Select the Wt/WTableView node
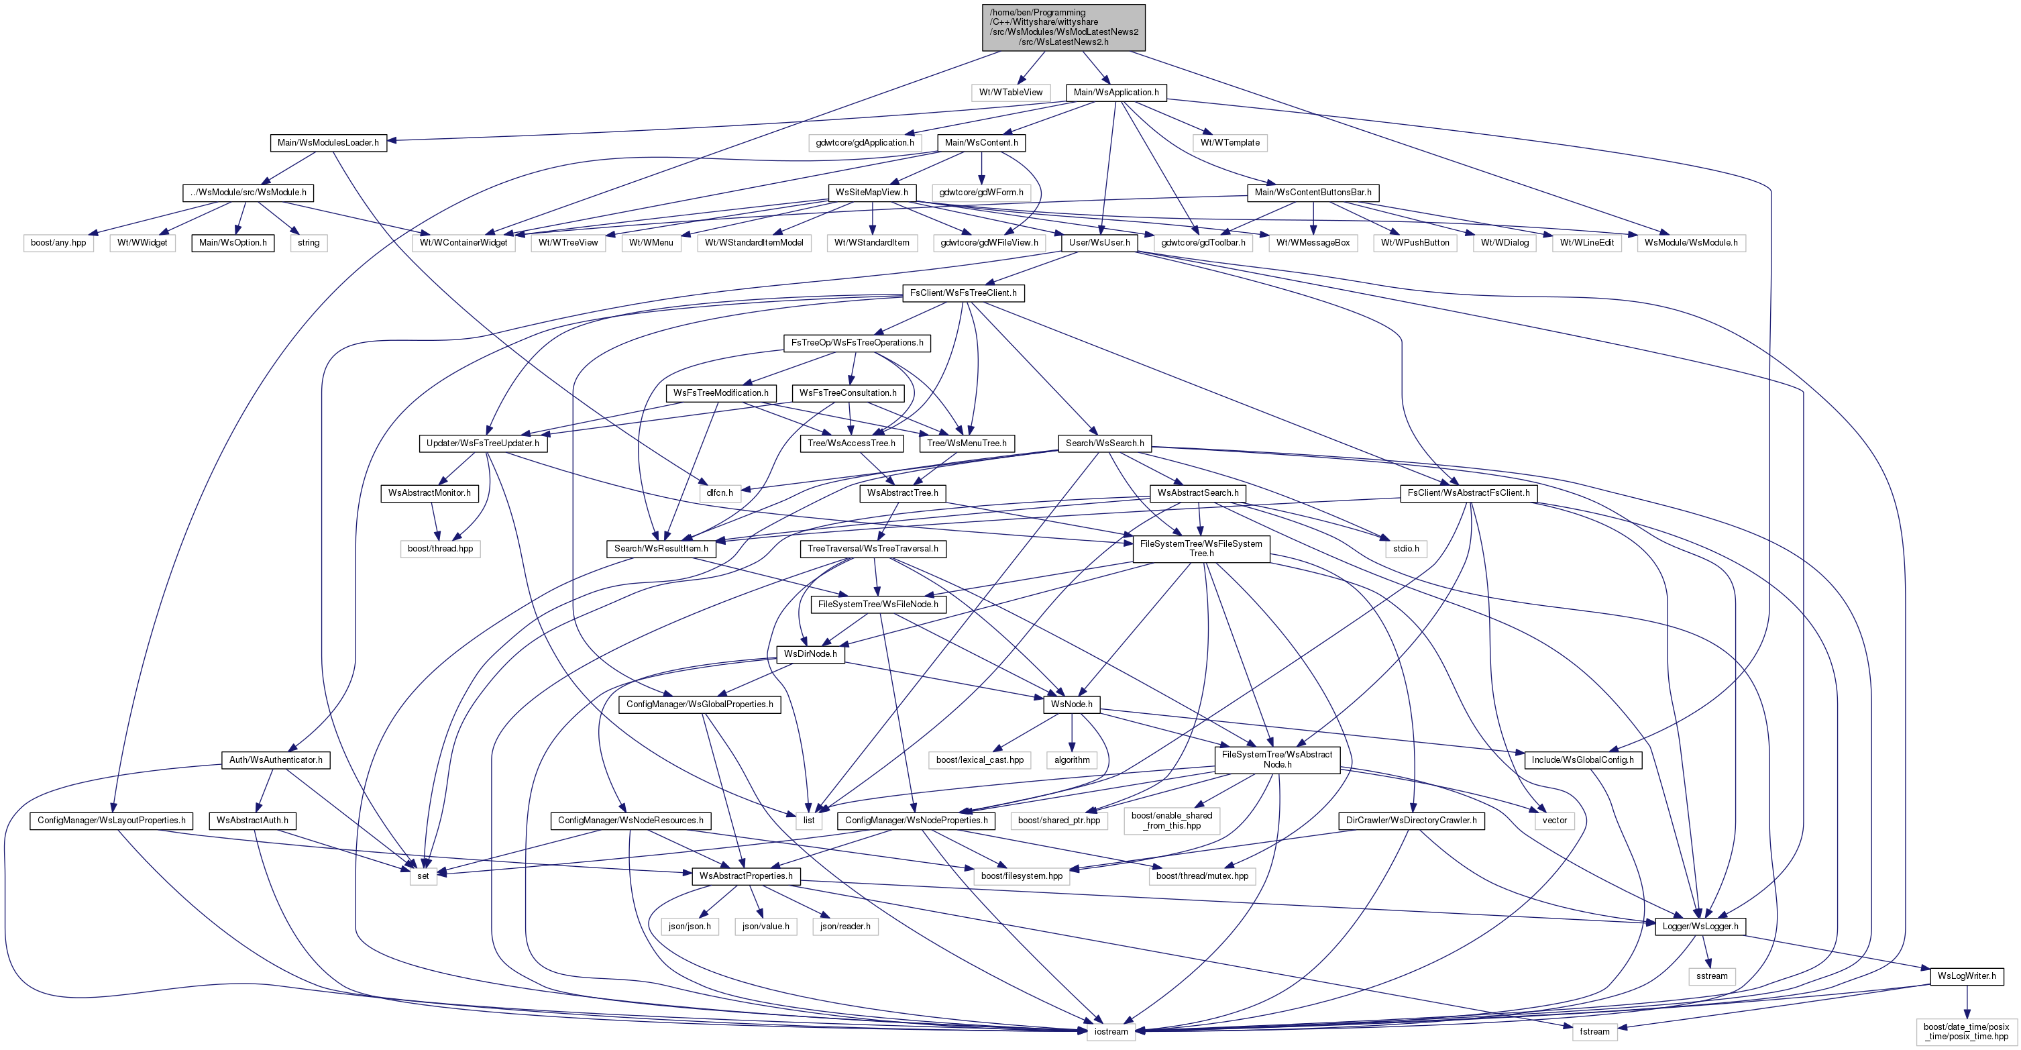tap(1010, 93)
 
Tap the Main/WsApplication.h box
tap(1115, 93)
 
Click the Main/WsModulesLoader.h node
tap(328, 143)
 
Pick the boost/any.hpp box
tap(58, 242)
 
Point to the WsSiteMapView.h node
tap(871, 193)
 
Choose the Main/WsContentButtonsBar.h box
tap(1313, 193)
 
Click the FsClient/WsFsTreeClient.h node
tap(963, 293)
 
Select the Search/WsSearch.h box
tap(1105, 443)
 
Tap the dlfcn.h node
tap(720, 493)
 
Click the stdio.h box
tap(1405, 549)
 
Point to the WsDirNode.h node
tap(810, 653)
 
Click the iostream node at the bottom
tap(1111, 1031)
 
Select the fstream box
tap(1594, 1031)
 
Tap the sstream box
tap(1712, 976)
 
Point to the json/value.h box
tap(766, 926)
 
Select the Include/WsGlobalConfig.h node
tap(1582, 759)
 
